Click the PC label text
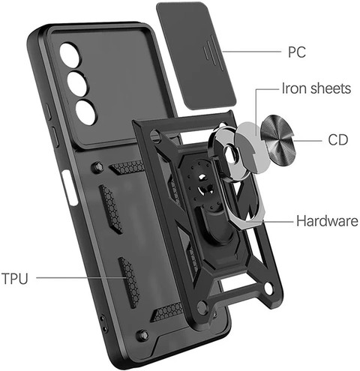click(x=297, y=52)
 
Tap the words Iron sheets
click(x=316, y=88)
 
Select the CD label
click(x=338, y=140)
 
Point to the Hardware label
click(x=327, y=221)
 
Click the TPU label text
click(x=15, y=278)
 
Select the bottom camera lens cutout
click(x=86, y=112)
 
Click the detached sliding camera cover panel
click(x=196, y=55)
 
